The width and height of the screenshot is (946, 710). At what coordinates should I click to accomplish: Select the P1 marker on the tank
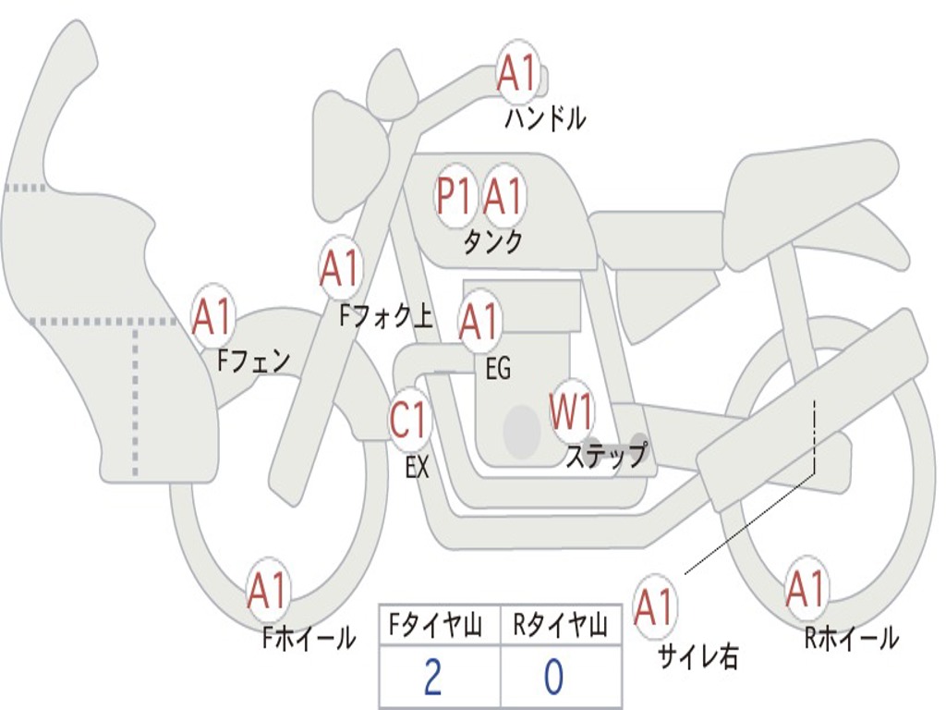(455, 196)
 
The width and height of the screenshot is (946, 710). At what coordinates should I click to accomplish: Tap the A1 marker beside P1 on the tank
(503, 196)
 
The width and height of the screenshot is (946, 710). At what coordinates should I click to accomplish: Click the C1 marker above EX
(409, 422)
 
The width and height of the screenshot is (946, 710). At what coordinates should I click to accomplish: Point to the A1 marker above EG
(479, 322)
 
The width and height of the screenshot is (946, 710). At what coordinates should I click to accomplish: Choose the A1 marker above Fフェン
(213, 316)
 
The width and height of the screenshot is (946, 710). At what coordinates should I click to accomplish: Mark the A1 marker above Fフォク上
(340, 269)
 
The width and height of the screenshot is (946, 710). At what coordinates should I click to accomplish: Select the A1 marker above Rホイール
(806, 589)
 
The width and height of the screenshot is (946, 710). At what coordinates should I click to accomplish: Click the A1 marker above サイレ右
(654, 606)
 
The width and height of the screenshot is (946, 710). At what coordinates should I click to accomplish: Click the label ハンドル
(545, 118)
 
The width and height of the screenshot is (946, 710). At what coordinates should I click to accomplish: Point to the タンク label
(492, 242)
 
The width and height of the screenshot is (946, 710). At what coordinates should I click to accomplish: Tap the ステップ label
(606, 456)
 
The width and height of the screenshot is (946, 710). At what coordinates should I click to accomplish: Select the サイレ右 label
(697, 655)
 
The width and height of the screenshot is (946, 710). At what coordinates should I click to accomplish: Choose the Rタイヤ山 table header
(560, 628)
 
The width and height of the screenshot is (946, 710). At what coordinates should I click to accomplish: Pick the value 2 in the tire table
(432, 678)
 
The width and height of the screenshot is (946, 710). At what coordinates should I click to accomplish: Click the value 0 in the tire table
(553, 678)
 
